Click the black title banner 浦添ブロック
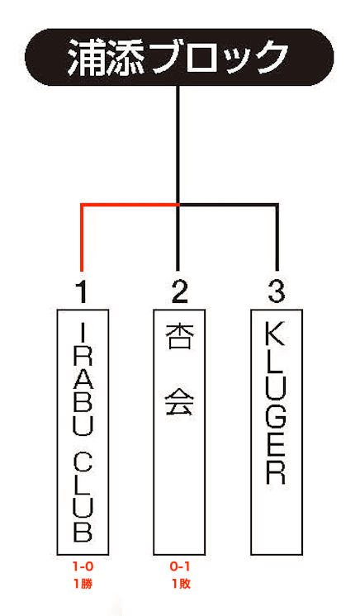tap(179, 57)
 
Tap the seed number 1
tap(82, 291)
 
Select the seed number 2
tap(180, 291)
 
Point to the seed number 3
tap(277, 291)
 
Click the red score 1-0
tap(83, 566)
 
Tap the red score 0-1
tap(180, 566)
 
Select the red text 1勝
tap(83, 584)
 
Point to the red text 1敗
tap(181, 584)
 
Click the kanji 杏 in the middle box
tap(180, 337)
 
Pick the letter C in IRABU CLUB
tap(83, 465)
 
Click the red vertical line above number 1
tap(82, 237)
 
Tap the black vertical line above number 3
tap(277, 237)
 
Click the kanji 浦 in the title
tap(83, 57)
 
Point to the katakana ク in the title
tap(272, 57)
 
